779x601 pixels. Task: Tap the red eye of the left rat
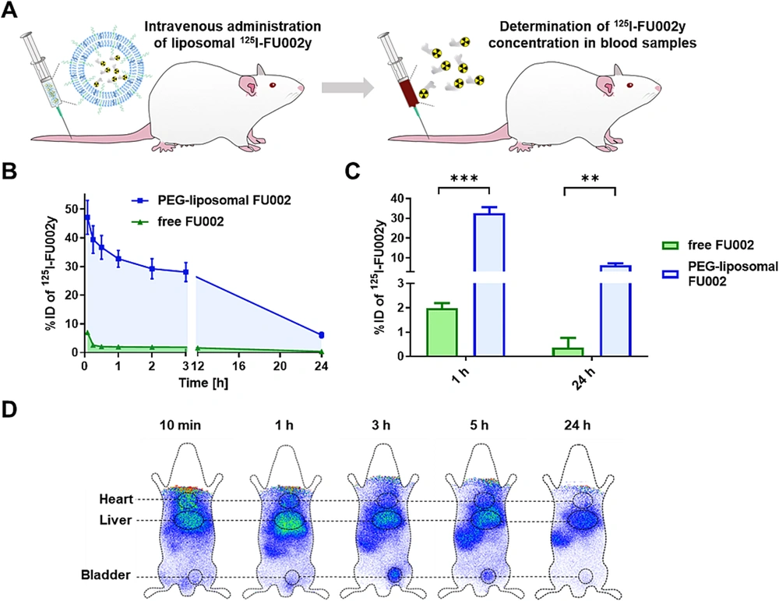274,85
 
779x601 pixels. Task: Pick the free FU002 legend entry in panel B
180,221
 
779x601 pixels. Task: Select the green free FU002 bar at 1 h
442,332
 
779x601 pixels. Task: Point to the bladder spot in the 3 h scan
394,574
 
